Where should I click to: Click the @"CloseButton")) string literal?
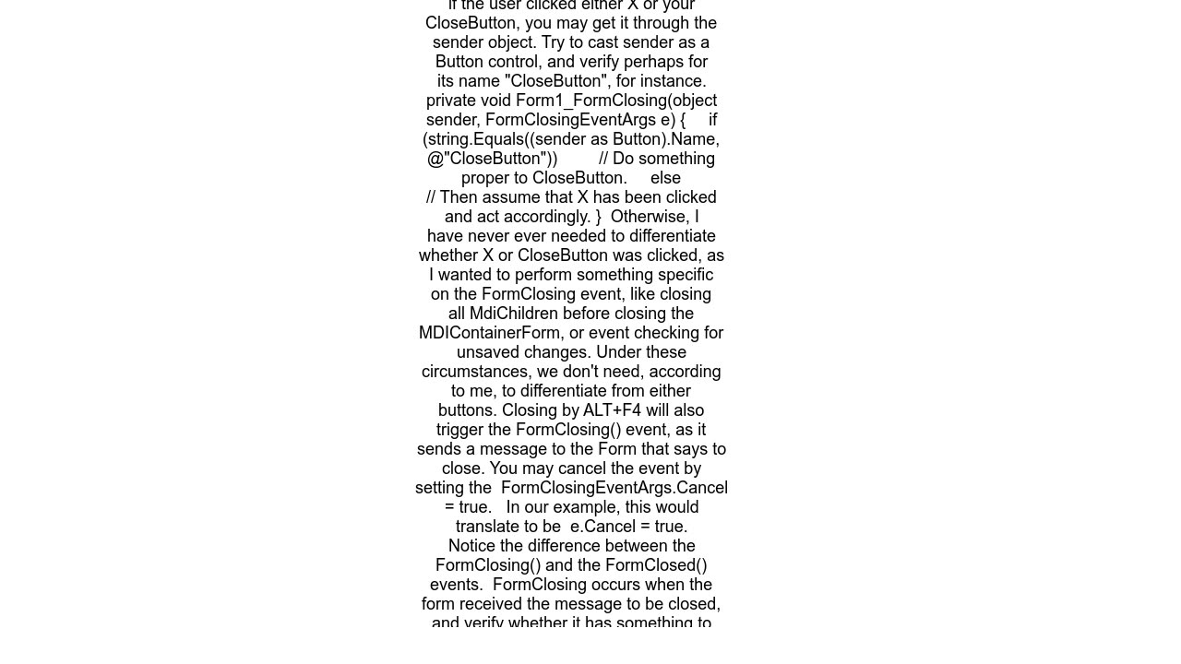pos(493,159)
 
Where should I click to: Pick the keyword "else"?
pos(665,178)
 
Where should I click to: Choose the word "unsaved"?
pos(492,352)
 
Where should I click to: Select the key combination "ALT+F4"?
pos(612,410)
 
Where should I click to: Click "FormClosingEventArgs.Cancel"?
pos(614,488)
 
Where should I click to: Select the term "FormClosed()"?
pos(662,565)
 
